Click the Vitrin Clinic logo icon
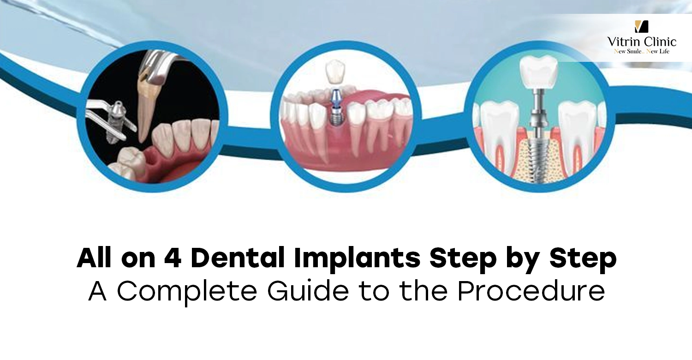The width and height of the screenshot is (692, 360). click(x=641, y=26)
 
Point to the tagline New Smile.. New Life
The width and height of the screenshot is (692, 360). click(x=642, y=51)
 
